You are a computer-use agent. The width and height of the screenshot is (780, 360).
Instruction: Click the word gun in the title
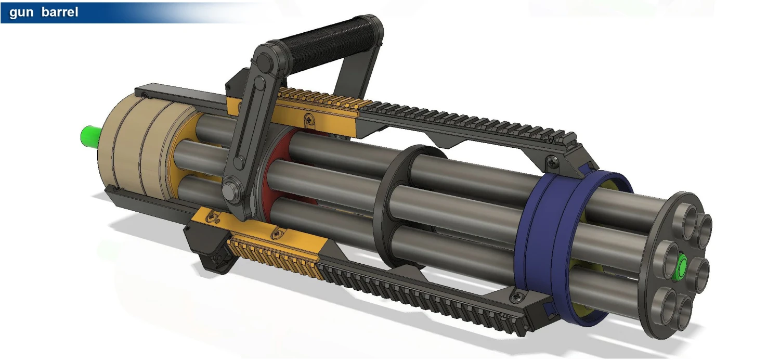coord(21,12)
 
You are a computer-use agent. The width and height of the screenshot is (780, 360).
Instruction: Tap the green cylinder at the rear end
coord(89,137)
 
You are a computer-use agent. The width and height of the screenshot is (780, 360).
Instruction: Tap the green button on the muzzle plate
coord(681,266)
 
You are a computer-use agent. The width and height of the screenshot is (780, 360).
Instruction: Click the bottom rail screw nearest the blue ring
coord(516,297)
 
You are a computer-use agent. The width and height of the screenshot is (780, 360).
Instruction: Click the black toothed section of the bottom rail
coord(416,297)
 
